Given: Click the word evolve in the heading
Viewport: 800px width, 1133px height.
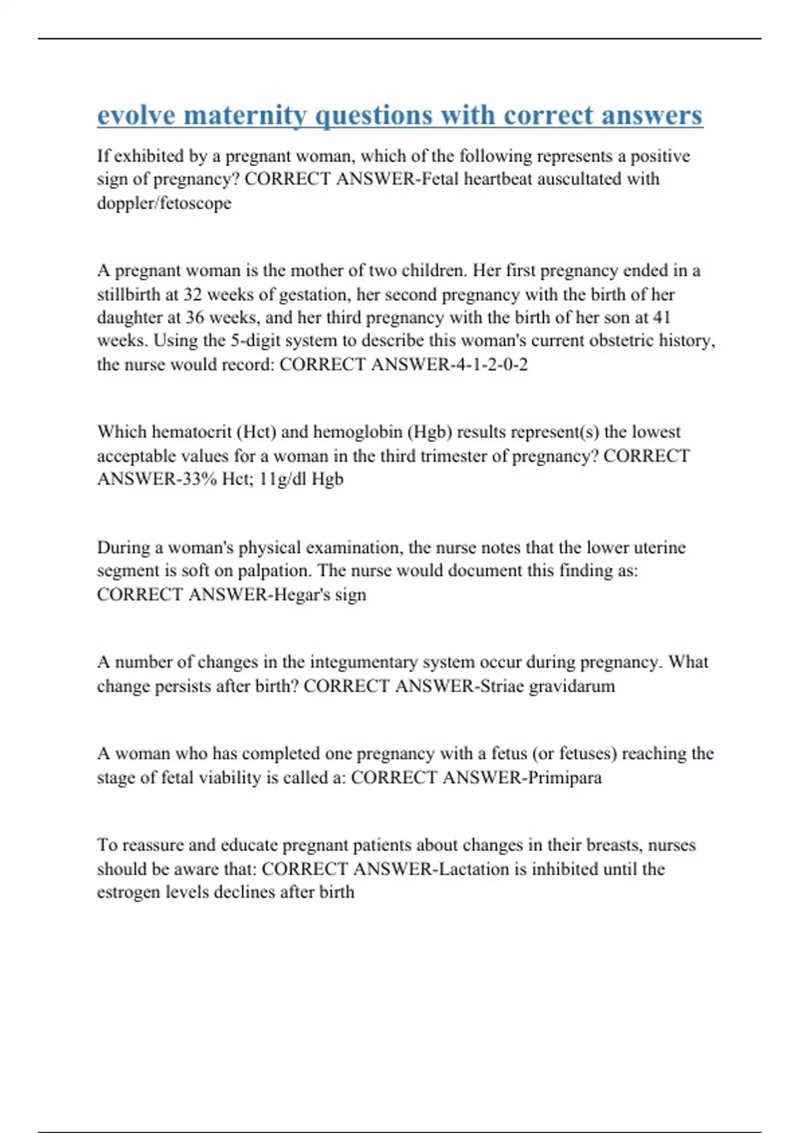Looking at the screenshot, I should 136,115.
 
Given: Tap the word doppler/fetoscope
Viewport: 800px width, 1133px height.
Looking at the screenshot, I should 164,203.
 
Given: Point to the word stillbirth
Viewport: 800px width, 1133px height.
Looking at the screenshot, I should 129,295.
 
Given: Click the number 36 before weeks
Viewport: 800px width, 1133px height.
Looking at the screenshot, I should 195,317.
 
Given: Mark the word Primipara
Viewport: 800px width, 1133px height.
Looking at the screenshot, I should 565,778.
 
